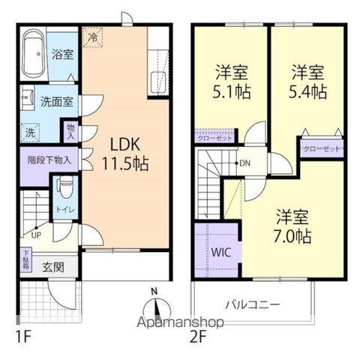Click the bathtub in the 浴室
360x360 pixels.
(34, 55)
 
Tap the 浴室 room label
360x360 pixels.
(62, 55)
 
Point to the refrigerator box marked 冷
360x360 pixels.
(92, 36)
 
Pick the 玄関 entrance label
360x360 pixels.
(52, 266)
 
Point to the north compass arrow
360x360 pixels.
(155, 307)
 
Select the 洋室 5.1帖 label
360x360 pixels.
(230, 82)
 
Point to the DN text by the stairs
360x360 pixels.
(244, 164)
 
